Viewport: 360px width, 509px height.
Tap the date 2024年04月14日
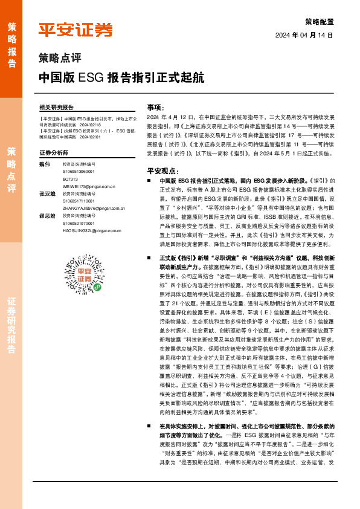pyautogui.click(x=304, y=35)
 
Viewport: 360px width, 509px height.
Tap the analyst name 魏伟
pyautogui.click(x=44, y=164)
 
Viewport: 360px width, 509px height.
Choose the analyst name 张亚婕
pyautogui.click(x=47, y=193)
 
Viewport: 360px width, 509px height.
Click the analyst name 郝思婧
pyautogui.click(x=47, y=216)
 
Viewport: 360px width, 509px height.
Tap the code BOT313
pyautogui.click(x=70, y=180)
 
